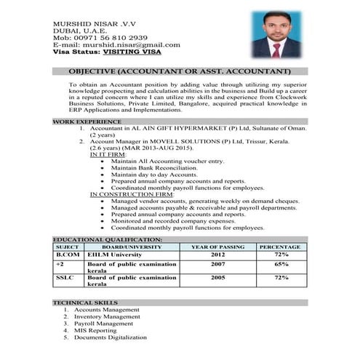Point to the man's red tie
276,48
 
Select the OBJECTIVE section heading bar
179,72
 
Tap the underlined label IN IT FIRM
108,154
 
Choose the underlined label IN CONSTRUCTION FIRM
132,194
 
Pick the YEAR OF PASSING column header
217,247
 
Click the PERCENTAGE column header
279,247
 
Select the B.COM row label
68,255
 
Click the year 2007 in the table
217,264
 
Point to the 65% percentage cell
281,264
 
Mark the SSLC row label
65,278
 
